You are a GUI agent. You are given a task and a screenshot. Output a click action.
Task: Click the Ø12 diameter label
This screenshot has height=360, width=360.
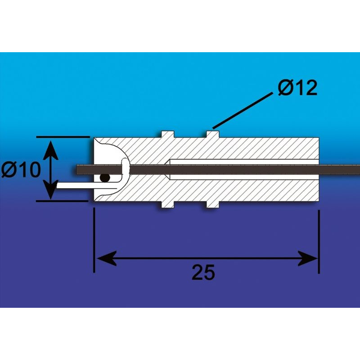coord(297,88)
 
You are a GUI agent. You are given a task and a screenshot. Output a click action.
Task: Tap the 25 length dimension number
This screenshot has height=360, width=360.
coord(203,272)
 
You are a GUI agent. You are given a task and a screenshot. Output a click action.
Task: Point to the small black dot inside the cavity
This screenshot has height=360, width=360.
coord(105,178)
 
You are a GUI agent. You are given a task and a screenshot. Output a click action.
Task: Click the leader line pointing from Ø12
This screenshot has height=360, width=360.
coord(243,110)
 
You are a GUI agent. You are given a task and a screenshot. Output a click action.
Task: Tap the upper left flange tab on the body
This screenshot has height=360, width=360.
coord(167,134)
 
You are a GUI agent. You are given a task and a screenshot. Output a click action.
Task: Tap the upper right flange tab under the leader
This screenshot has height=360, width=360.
coord(212,134)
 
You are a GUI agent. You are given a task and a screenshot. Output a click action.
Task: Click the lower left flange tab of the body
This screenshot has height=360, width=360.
coord(167,204)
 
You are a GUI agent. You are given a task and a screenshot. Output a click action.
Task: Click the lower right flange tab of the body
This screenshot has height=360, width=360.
coord(212,204)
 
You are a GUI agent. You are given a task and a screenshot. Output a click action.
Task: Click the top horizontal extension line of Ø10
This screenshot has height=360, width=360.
coord(63,136)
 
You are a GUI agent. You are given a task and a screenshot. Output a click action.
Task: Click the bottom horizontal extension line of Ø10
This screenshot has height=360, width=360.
coord(63,201)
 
